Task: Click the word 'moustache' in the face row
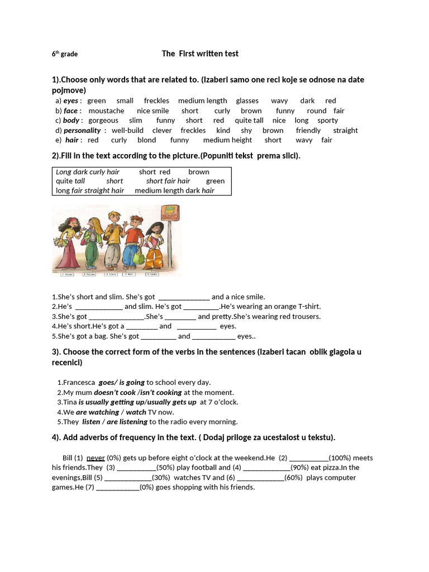coord(106,111)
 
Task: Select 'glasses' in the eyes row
coord(247,101)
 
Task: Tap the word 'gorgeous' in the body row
coord(103,120)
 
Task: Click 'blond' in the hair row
coord(146,140)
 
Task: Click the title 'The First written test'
coord(200,54)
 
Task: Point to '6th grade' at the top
coord(65,54)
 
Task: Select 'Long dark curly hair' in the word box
coord(88,171)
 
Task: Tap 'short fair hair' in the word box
coord(168,181)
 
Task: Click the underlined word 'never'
coord(96,457)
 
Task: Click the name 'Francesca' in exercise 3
coord(79,383)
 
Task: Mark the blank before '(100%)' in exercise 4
coord(309,458)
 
